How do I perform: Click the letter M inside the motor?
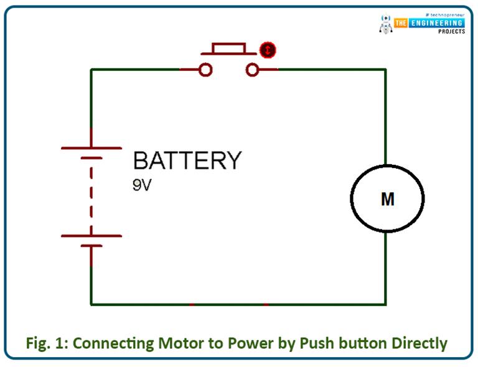[x=387, y=199]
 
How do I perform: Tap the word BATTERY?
[x=187, y=160]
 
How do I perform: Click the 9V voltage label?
[x=142, y=185]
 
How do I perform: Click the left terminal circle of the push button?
[x=205, y=70]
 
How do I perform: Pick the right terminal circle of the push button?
[x=252, y=70]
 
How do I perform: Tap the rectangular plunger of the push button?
[x=228, y=49]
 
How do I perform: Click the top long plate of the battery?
[x=91, y=148]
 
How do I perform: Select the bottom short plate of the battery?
[x=91, y=246]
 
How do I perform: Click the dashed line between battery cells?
[x=91, y=193]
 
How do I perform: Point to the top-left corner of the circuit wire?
[x=91, y=70]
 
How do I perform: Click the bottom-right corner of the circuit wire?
[x=385, y=304]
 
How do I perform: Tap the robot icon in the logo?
[x=386, y=24]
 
